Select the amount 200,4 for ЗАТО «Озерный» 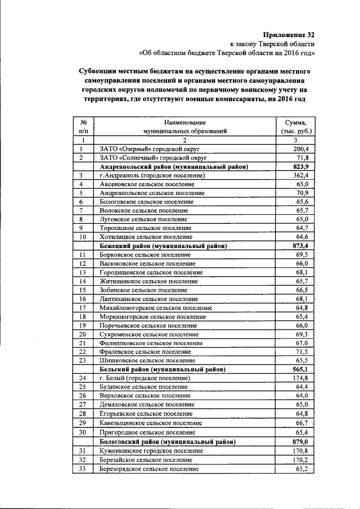[301, 149]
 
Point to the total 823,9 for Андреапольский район [301, 167]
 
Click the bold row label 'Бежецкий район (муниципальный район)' [163, 246]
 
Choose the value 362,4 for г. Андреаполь [301, 176]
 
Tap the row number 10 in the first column [82, 237]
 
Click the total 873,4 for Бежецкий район [301, 246]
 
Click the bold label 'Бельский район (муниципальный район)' [163, 370]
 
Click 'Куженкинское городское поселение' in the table [151, 451]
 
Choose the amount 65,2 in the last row [302, 469]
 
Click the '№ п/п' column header [83, 127]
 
